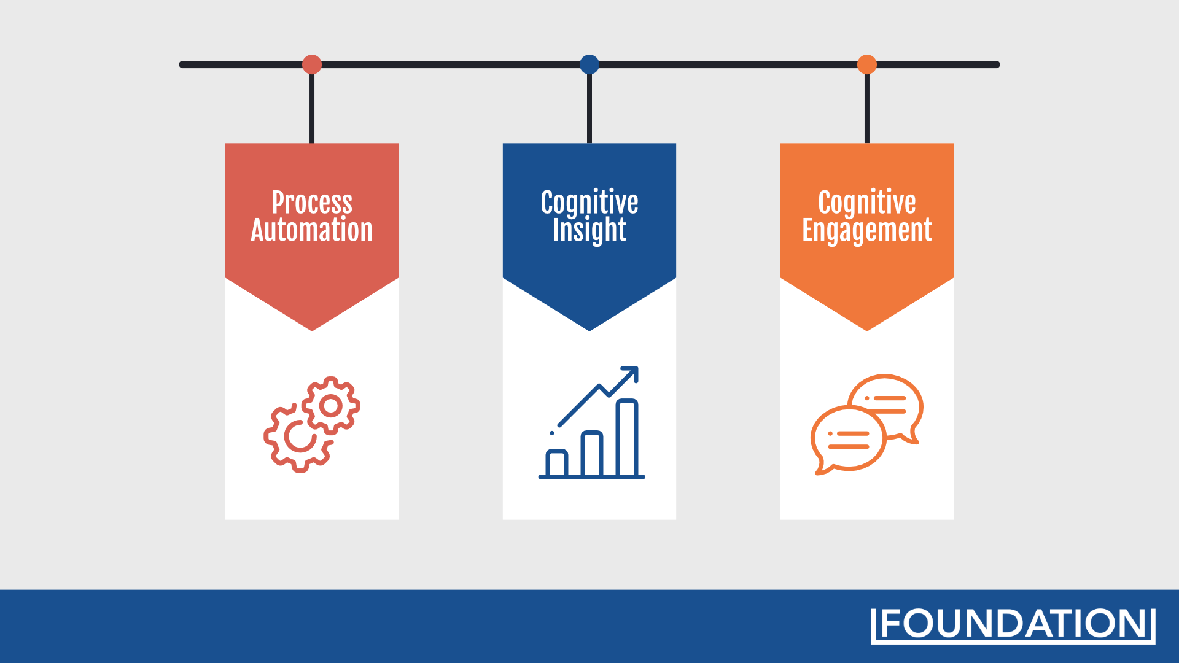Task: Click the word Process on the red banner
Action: point(312,202)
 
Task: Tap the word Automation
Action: point(312,230)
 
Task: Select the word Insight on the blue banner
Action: point(589,231)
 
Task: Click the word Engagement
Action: point(867,231)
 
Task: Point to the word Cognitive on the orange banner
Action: point(867,203)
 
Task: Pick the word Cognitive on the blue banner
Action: point(589,203)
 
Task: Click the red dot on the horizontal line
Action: point(312,64)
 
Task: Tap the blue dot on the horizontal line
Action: point(589,64)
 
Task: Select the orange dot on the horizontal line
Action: point(867,64)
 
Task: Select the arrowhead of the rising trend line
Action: point(632,373)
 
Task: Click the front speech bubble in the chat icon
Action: point(849,440)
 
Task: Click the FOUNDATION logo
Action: point(1013,626)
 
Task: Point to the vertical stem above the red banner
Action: point(312,109)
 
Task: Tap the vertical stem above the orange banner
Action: point(867,109)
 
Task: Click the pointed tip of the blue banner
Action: point(589,330)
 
